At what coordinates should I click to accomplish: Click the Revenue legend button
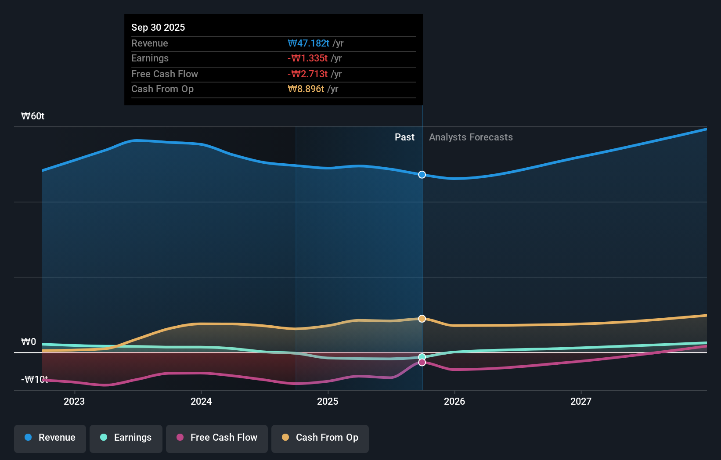coord(50,438)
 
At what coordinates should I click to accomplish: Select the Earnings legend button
coord(126,438)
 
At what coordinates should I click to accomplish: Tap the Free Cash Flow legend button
coord(217,438)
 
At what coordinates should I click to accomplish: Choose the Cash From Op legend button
coord(320,438)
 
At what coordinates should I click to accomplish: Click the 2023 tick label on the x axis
coord(74,401)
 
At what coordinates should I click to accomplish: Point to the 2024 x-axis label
coord(201,401)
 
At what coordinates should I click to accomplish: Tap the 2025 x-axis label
coord(328,401)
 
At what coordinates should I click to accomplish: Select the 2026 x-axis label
coord(454,401)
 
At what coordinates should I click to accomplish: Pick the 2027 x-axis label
coord(581,401)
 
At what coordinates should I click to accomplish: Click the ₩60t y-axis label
coord(33,116)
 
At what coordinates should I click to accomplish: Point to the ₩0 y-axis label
coord(29,342)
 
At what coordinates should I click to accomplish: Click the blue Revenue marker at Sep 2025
coord(422,175)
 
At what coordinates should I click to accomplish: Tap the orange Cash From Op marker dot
coord(422,319)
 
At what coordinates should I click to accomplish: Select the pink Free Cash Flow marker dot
coord(422,363)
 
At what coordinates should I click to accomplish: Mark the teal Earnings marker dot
coord(422,357)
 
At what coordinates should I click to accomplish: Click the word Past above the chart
coord(404,137)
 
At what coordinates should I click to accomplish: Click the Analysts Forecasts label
coord(471,137)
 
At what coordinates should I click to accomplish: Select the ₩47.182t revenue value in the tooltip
coord(309,43)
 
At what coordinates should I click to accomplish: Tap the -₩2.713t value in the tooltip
coord(308,74)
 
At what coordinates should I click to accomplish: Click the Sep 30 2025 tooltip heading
coord(158,27)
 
